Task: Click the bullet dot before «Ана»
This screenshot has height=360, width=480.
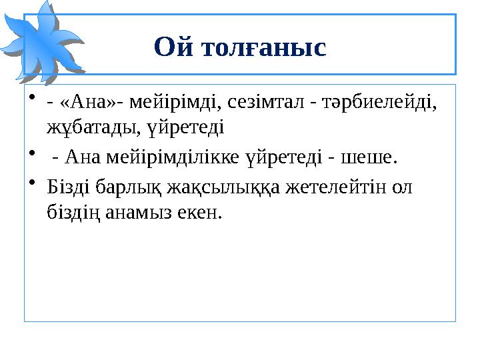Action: coord(33,102)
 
